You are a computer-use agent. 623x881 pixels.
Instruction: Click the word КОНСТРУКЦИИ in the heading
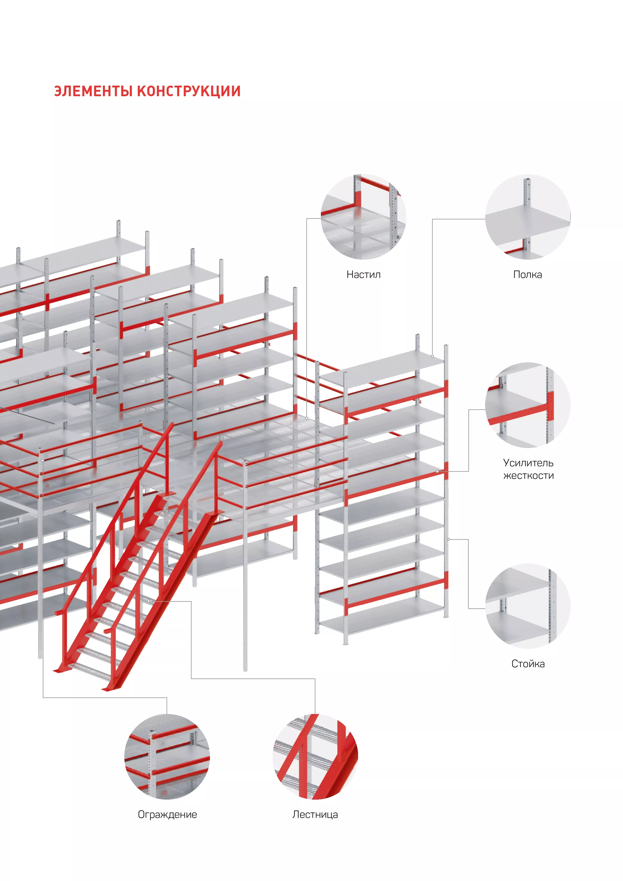click(189, 91)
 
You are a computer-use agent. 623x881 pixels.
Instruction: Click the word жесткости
click(528, 476)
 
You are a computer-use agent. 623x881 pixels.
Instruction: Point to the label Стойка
click(528, 664)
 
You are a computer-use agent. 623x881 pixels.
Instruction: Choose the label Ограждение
click(167, 815)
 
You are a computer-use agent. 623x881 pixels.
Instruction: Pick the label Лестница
click(315, 815)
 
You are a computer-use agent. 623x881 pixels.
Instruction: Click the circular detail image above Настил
click(363, 217)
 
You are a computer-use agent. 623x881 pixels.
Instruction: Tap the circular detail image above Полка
click(528, 217)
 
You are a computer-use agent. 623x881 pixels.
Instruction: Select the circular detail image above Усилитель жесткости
click(528, 405)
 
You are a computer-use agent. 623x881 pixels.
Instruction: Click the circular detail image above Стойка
click(528, 606)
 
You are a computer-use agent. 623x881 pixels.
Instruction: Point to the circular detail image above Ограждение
click(167, 757)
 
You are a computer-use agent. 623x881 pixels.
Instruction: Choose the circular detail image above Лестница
click(315, 757)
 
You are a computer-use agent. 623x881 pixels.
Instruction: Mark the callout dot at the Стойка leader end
click(448, 539)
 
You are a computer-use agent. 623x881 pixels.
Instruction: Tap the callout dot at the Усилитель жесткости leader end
click(437, 471)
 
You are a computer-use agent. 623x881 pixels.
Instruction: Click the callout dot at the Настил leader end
click(307, 418)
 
